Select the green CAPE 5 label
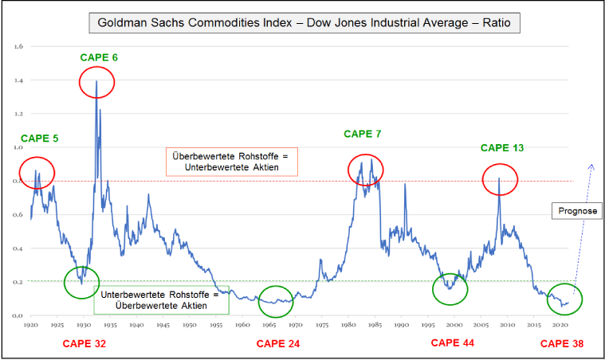39,139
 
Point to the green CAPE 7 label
363,134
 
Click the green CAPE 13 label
501,147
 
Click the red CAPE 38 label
561,344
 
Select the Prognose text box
572,211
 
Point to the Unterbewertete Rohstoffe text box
161,299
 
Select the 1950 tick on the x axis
188,326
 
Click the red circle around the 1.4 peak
96,82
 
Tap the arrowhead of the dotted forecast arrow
591,166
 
